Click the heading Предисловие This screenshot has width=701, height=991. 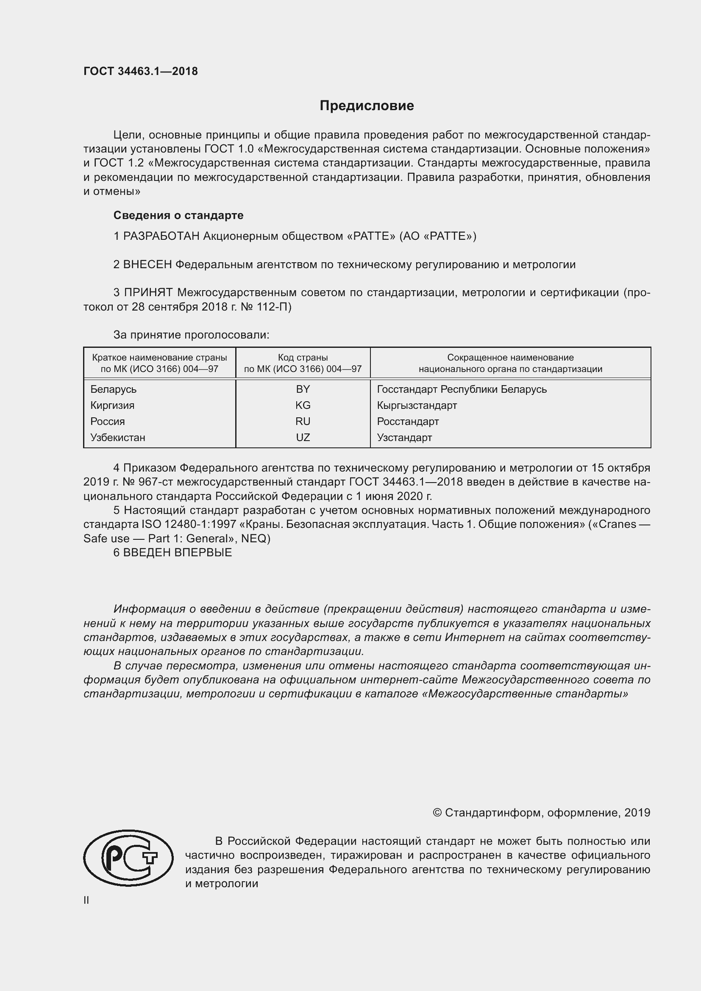click(367, 106)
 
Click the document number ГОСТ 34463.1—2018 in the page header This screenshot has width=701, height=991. click(141, 72)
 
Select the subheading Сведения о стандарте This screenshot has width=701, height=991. click(178, 215)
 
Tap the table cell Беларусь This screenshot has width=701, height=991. click(114, 389)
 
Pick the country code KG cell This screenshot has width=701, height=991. click(303, 405)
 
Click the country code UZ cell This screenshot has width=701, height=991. click(303, 437)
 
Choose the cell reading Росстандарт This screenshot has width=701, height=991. click(408, 421)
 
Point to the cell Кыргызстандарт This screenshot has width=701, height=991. click(417, 405)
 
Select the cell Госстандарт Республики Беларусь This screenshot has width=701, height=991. click(462, 389)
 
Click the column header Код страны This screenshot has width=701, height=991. click(303, 358)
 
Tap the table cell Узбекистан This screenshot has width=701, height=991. click(118, 437)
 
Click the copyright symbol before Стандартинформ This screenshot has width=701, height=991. click(437, 813)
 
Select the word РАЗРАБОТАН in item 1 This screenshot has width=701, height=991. click(161, 236)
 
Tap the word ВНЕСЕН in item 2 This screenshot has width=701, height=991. click(147, 264)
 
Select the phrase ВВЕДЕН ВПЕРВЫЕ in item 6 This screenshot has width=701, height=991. click(178, 552)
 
